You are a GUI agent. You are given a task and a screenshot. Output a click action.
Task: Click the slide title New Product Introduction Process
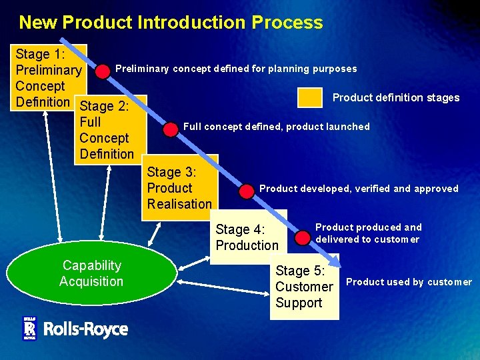coord(171,23)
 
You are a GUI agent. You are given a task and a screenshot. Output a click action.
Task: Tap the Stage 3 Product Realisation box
coord(179,188)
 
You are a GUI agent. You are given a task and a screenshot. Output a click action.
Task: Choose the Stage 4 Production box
coord(247,237)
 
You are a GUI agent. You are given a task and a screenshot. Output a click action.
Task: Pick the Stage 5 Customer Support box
coord(303,287)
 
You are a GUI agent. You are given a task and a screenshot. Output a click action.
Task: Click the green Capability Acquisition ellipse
coord(91,273)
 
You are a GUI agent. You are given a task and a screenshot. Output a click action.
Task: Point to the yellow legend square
coord(310,97)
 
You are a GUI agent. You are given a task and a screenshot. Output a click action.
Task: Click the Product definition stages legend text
coord(396,98)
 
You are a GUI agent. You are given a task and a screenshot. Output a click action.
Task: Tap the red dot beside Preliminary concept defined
coord(103,70)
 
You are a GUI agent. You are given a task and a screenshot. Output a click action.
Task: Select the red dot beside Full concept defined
coord(171,128)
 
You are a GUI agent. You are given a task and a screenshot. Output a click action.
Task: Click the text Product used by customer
coord(409,282)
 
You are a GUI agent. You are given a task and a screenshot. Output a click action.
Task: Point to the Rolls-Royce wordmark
coord(85,329)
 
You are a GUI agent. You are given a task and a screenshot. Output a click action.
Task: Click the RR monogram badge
coord(29,328)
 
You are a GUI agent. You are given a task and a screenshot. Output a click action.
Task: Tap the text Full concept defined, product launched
coord(276,127)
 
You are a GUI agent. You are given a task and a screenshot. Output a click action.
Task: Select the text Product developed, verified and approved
coord(359,189)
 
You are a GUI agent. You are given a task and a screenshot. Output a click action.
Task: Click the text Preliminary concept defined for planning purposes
coord(236,69)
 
